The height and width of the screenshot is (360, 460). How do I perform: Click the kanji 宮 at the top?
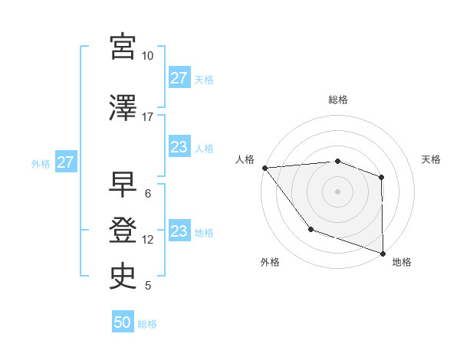point(123,46)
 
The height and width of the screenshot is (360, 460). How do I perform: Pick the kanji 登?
point(123,229)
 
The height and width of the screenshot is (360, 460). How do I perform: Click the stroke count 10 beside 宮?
point(147,56)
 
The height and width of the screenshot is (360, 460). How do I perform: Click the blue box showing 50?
point(123,322)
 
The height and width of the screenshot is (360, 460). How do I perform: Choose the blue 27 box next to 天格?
point(179,77)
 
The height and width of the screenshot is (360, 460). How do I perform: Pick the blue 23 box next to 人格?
point(179,147)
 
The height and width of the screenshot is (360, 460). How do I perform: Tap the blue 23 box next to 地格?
point(179,231)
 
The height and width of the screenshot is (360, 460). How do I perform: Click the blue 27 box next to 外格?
point(65,162)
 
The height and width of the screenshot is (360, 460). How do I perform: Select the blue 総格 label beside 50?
point(147,324)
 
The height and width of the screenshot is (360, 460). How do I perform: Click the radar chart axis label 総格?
point(337,100)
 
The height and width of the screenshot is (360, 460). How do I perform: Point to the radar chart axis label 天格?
point(431,159)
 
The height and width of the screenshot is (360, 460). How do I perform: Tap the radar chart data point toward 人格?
point(264,168)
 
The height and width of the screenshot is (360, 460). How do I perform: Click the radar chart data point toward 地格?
point(383,253)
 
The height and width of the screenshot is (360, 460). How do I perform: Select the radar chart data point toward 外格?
point(310,228)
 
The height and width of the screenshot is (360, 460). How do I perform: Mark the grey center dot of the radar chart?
point(337,191)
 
